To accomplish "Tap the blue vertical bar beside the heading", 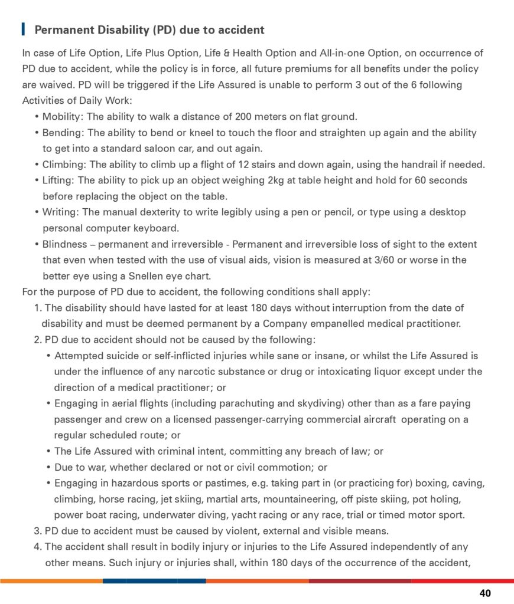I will tap(23, 29).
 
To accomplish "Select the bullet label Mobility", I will tap(61, 116).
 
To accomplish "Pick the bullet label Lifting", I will tap(58, 180).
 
